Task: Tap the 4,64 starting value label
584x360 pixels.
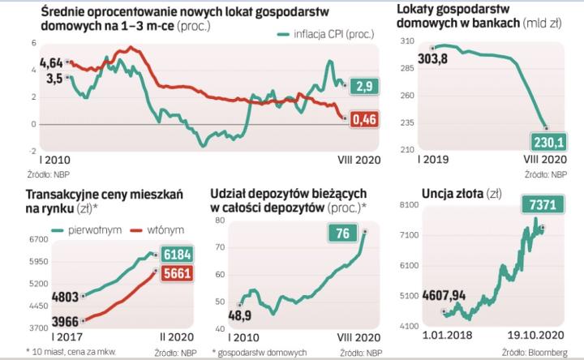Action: coord(50,62)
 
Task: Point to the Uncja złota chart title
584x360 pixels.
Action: coord(441,192)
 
